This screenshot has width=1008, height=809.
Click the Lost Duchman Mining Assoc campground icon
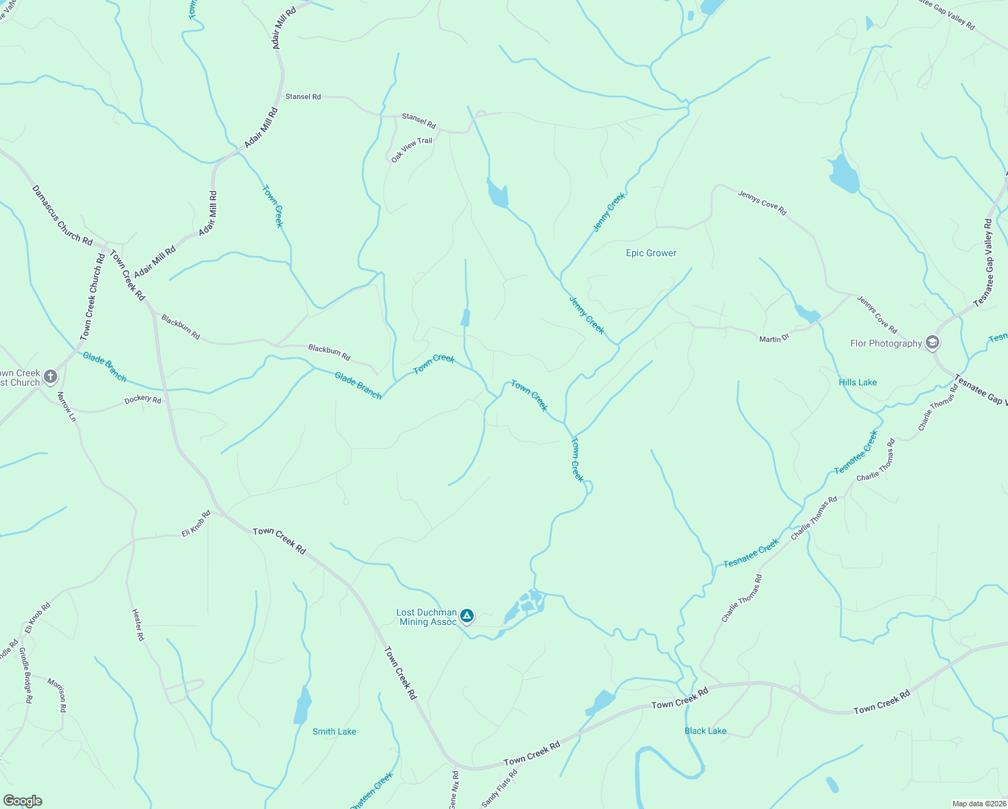467,616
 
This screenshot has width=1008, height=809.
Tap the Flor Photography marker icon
933,343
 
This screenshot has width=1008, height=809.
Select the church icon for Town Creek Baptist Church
51,376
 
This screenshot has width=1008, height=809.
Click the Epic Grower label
651,253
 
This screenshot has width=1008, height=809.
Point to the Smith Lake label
334,731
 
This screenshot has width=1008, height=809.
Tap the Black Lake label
705,731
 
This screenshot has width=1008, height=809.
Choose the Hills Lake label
858,382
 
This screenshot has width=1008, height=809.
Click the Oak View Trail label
412,150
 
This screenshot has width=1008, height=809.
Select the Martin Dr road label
774,338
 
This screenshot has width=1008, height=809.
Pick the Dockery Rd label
143,400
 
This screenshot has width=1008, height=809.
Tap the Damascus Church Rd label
62,215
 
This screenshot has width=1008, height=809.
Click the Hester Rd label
137,624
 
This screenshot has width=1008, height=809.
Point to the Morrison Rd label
57,695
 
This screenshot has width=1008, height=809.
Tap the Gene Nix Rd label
455,789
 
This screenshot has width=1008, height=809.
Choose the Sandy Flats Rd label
499,788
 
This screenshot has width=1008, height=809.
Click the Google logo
22,801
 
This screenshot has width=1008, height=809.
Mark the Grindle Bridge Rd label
25,676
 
